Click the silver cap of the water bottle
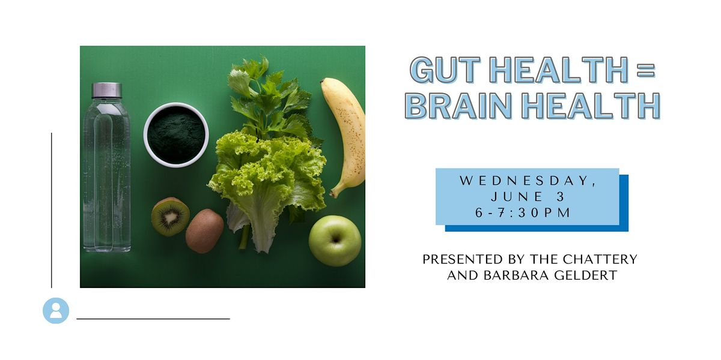click(107, 91)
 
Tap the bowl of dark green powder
click(176, 135)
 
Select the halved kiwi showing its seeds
click(170, 217)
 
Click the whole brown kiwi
click(204, 231)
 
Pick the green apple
click(335, 241)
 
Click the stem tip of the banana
click(332, 194)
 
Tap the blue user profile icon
click(56, 311)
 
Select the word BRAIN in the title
click(458, 106)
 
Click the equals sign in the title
click(646, 70)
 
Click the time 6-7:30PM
click(523, 213)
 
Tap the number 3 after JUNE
click(561, 197)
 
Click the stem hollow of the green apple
click(336, 240)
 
